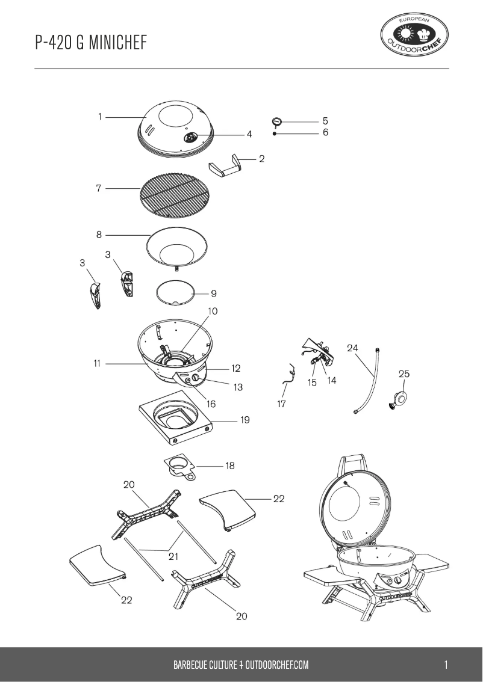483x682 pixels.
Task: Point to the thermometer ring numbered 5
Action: point(277,121)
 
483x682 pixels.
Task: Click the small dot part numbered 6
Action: point(275,134)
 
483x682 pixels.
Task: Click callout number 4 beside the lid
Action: point(249,135)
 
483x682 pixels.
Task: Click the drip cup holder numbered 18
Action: point(178,465)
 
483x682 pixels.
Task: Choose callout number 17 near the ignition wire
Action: point(281,404)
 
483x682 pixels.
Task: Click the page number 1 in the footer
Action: point(446,665)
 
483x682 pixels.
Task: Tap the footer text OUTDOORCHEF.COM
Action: point(277,665)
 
